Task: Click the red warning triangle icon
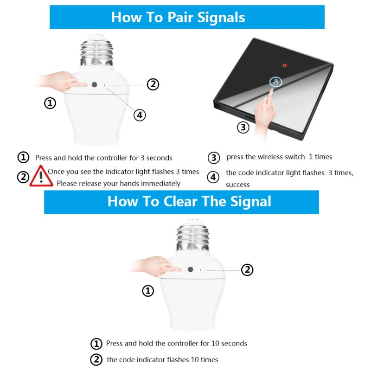pyautogui.click(x=41, y=177)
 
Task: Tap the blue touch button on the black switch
pyautogui.click(x=276, y=82)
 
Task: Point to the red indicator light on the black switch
pyautogui.click(x=285, y=65)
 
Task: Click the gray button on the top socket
pyautogui.click(x=95, y=84)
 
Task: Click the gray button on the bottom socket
pyautogui.click(x=191, y=269)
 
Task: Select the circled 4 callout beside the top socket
pyautogui.click(x=140, y=115)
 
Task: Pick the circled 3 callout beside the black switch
pyautogui.click(x=243, y=127)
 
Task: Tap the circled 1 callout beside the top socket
pyautogui.click(x=50, y=103)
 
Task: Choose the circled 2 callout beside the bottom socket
pyautogui.click(x=247, y=270)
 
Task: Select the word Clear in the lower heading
pyautogui.click(x=180, y=202)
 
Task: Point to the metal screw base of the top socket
pyautogui.click(x=96, y=51)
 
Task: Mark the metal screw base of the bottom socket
pyautogui.click(x=192, y=236)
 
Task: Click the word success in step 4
pyautogui.click(x=238, y=185)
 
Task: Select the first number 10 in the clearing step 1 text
pyautogui.click(x=215, y=343)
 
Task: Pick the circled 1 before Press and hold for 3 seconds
pyautogui.click(x=24, y=157)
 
